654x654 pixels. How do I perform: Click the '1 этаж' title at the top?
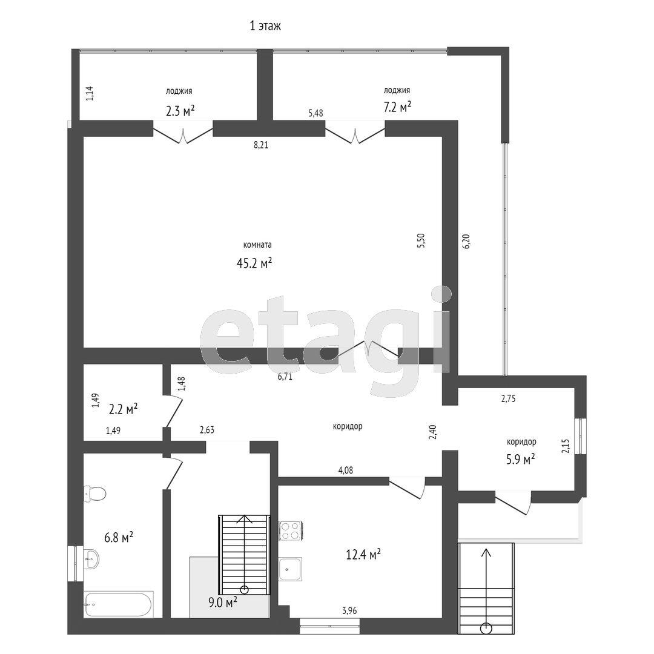[265, 26]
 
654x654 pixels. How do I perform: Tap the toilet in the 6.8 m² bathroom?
[94, 494]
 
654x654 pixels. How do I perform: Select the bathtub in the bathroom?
[119, 604]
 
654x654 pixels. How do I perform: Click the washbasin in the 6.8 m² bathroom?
[91, 558]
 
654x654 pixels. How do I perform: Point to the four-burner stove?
[291, 531]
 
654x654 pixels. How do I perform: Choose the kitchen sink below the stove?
[290, 569]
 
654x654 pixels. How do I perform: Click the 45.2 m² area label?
[254, 263]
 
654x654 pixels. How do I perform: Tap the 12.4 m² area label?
[363, 554]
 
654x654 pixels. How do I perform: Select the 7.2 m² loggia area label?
[397, 107]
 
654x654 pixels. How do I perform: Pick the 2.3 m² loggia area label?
[180, 111]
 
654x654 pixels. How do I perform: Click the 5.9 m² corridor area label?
[521, 460]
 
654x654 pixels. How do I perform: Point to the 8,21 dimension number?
[261, 145]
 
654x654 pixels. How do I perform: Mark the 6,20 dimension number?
[466, 241]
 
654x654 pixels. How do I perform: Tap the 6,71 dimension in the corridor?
[285, 377]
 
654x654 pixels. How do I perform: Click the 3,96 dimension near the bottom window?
[349, 611]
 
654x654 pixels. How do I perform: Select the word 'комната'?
[257, 245]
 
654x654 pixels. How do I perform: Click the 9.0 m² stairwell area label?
[223, 601]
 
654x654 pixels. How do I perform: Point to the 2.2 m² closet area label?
[124, 409]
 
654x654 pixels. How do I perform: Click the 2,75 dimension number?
[509, 398]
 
